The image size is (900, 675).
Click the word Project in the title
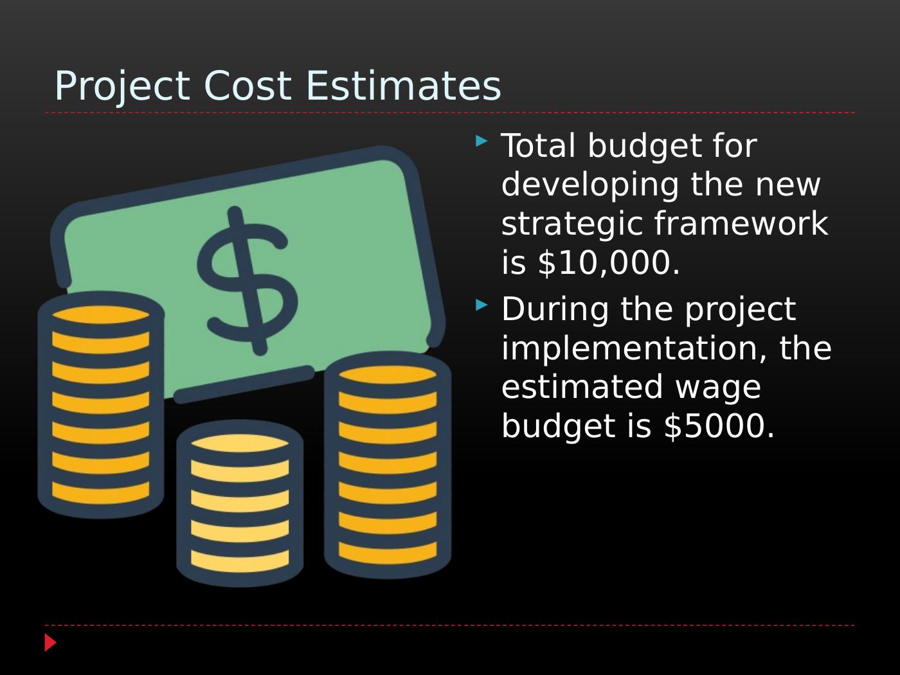pos(122,87)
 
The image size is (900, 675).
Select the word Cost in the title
pos(248,85)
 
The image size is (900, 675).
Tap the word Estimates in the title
pos(404,85)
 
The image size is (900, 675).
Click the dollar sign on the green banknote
pos(248,281)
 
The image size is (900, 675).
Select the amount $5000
pos(719,426)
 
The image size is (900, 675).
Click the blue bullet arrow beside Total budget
pos(482,141)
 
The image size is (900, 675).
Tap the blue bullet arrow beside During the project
pos(482,305)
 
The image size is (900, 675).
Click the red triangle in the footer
pos(50,642)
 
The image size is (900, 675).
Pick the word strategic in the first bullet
pos(571,225)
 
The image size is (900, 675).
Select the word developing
pos(590,186)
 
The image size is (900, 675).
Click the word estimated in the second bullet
pos(582,386)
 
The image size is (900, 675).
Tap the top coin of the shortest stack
pos(240,443)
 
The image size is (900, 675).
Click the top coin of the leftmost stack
pos(101,314)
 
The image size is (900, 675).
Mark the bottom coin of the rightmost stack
pos(388,553)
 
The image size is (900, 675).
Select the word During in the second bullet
pos(555,309)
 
